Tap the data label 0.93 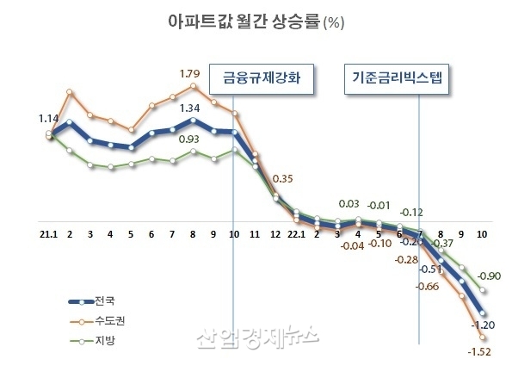coord(190,138)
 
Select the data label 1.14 coord(49,119)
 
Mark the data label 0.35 coord(282,179)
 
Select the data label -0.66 coord(429,286)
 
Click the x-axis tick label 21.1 coord(49,233)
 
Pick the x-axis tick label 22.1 coord(296,233)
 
